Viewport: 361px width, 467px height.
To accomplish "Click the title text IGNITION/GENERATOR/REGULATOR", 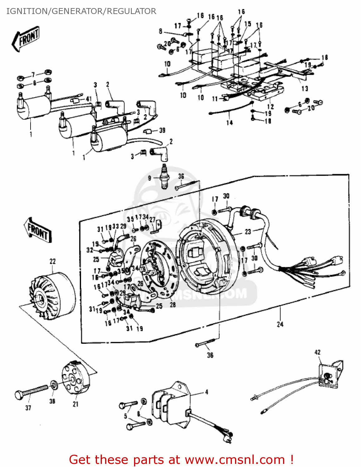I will (81, 11).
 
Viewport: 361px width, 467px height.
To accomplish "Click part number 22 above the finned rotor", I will (53, 261).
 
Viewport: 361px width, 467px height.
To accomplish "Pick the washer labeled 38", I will (54, 385).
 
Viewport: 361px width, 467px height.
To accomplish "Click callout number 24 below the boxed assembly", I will (280, 324).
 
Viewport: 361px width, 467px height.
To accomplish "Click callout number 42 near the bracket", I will (317, 352).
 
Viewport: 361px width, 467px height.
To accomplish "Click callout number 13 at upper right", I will (305, 89).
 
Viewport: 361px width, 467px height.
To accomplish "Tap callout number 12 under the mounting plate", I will (270, 107).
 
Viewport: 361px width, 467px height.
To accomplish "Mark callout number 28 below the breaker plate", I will (173, 304).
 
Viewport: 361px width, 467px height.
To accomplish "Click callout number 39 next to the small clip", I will (162, 130).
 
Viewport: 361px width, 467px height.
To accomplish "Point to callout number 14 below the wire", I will (229, 123).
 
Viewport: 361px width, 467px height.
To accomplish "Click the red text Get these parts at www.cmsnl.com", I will (181, 460).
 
